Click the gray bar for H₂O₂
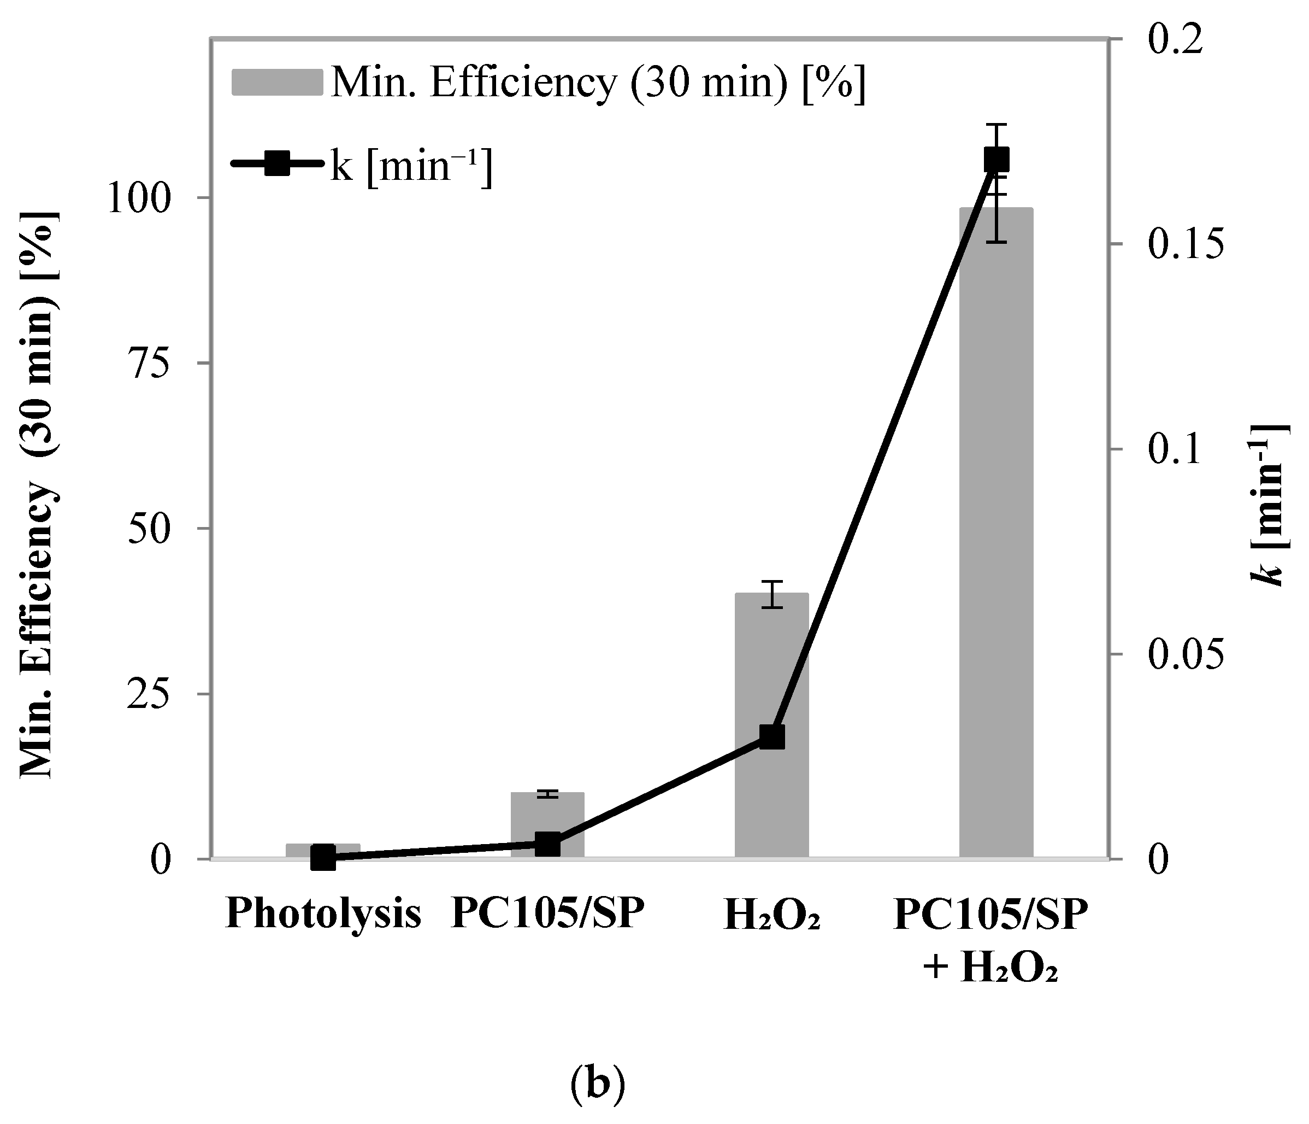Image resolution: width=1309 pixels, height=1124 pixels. point(771,664)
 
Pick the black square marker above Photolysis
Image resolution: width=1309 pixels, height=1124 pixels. point(323,858)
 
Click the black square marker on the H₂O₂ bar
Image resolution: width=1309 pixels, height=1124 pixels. point(771,737)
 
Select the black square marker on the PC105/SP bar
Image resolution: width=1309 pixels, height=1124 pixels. point(547,845)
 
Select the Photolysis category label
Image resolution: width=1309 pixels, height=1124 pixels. point(323,914)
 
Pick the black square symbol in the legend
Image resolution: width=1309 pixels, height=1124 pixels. point(276,163)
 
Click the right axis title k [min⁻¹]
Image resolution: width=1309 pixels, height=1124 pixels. point(1269,506)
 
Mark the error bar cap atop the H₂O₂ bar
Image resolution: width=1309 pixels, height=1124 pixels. point(771,581)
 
